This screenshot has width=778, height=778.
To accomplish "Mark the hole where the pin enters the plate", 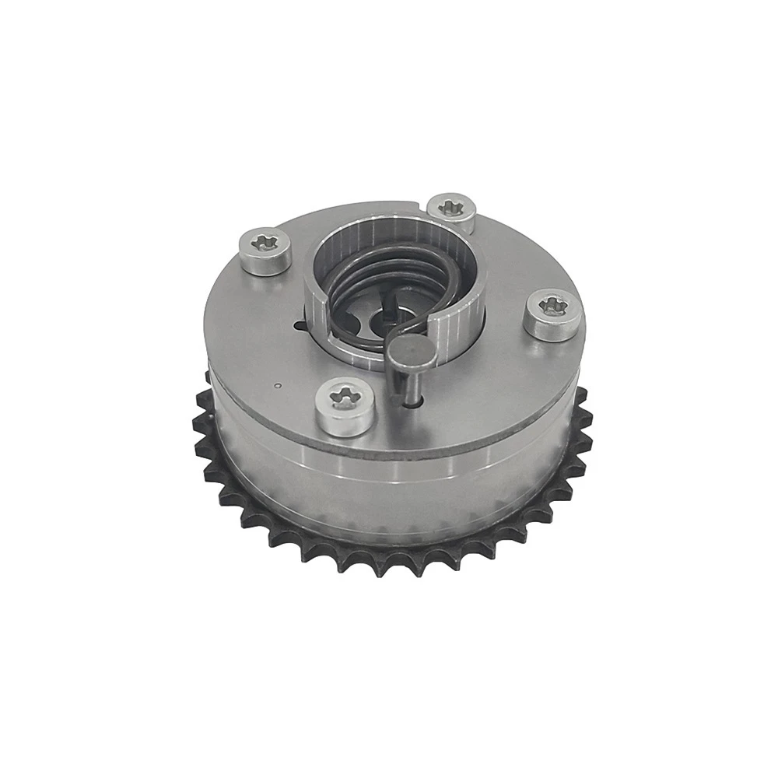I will tap(415, 403).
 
